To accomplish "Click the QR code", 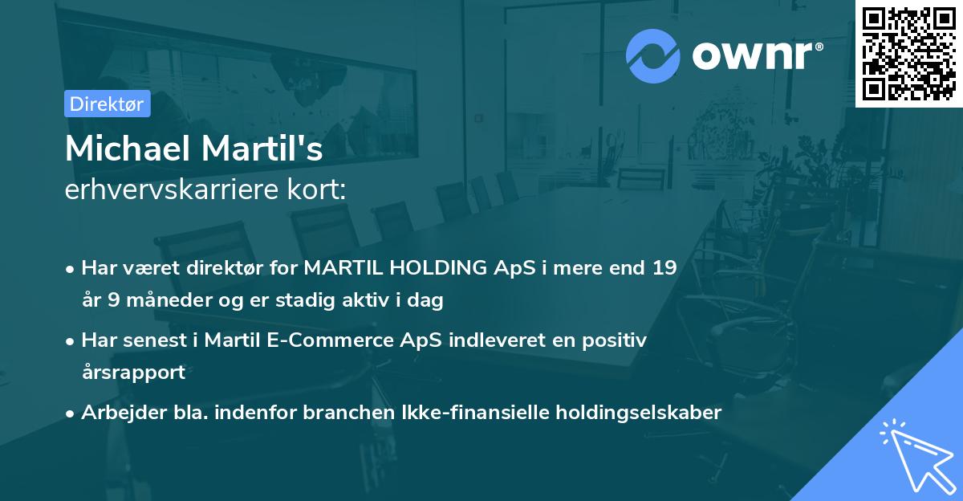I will (x=908, y=54).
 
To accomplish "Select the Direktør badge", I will (x=107, y=104).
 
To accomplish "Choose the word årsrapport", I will (x=133, y=373).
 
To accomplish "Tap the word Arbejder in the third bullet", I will (x=117, y=413).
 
